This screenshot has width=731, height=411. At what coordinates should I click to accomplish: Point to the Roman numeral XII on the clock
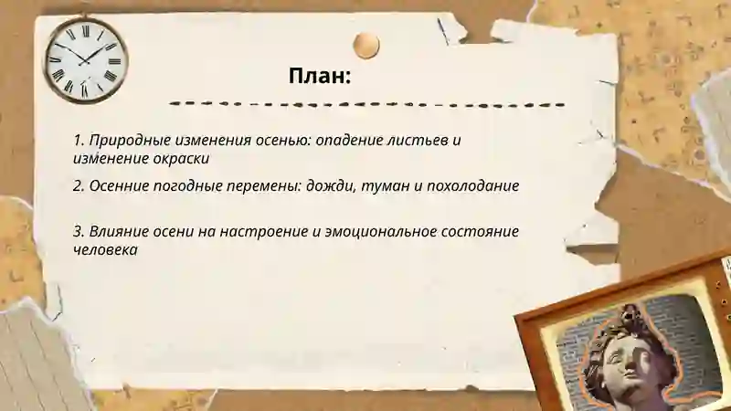pyautogui.click(x=86, y=29)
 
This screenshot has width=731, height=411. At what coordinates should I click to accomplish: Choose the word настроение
pyautogui.click(x=265, y=231)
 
